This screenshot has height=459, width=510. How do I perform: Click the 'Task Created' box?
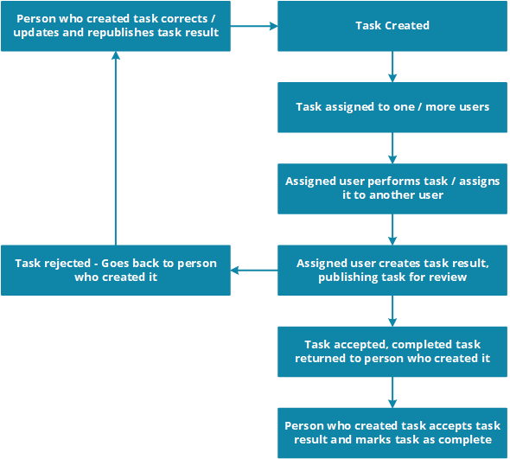click(392, 26)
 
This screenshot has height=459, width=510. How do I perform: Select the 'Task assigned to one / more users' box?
click(392, 107)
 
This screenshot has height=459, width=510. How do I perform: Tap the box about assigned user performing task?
click(392, 188)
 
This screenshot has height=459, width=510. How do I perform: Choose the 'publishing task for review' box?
click(392, 271)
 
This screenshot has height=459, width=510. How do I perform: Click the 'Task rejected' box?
click(116, 271)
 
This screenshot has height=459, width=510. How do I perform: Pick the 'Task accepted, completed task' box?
click(392, 352)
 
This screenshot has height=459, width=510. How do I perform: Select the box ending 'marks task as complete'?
click(392, 433)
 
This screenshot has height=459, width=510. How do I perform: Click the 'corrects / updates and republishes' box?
click(116, 26)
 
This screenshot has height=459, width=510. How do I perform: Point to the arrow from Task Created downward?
click(392, 67)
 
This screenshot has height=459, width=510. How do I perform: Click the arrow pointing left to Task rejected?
click(254, 271)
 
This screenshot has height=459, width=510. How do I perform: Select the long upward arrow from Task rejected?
click(116, 149)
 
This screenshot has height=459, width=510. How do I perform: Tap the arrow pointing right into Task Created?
click(254, 26)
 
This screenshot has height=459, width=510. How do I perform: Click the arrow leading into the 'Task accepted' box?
click(392, 311)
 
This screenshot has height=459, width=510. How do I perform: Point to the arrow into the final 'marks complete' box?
click(392, 392)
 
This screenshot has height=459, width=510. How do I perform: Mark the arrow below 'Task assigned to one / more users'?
click(392, 148)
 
